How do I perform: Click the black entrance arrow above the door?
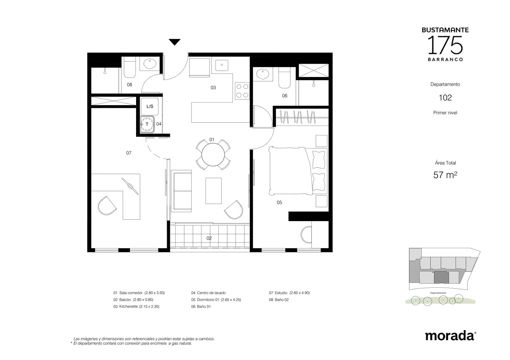(x=174, y=42)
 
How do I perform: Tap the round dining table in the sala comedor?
(x=213, y=155)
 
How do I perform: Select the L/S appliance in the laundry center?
(x=149, y=106)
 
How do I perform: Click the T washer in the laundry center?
(x=147, y=124)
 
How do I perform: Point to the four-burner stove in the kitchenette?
(x=242, y=91)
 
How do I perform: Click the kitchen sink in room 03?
(x=222, y=65)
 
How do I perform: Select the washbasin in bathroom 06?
(x=263, y=74)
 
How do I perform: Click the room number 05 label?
(x=279, y=202)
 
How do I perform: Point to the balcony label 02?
(x=209, y=238)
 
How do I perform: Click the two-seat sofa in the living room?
(x=181, y=191)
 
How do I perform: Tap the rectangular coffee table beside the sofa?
(x=214, y=191)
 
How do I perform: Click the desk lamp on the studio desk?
(x=130, y=186)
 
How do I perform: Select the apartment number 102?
(x=445, y=97)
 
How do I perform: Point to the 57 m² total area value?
(x=445, y=175)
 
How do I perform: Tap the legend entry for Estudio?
(x=289, y=293)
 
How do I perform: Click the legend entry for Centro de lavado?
(x=208, y=293)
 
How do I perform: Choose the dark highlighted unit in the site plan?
(x=441, y=277)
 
